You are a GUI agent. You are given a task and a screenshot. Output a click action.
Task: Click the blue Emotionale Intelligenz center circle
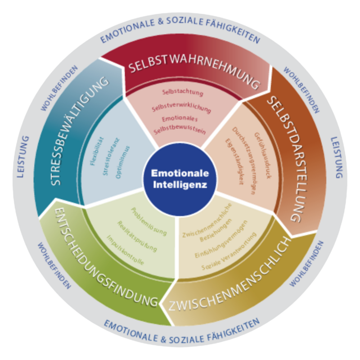click(x=180, y=180)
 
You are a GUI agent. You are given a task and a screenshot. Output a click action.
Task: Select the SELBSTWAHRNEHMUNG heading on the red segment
click(x=194, y=73)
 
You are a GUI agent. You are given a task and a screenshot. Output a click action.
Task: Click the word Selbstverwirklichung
click(x=181, y=108)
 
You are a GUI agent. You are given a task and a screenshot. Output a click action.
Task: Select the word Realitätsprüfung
click(x=137, y=236)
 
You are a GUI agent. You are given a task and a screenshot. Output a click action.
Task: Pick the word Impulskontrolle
click(x=126, y=250)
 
